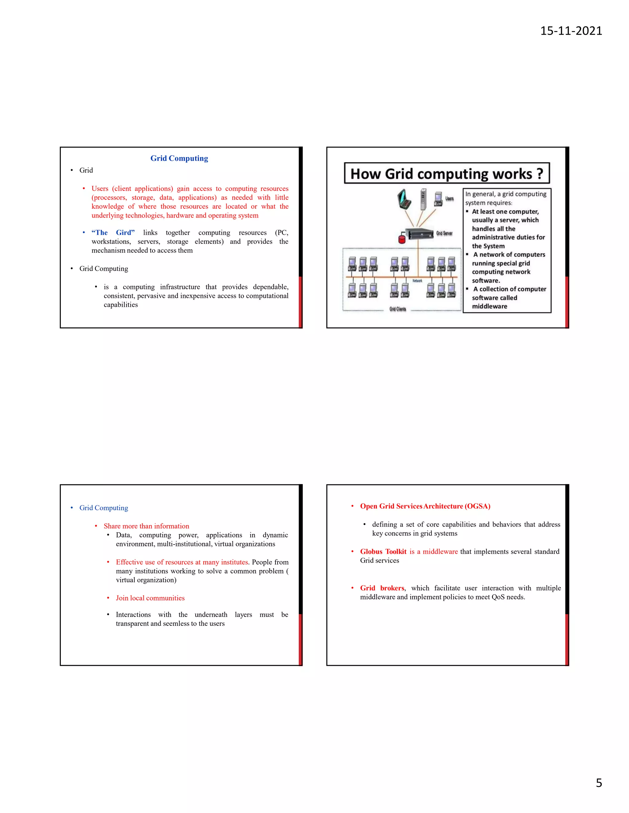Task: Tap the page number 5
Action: [x=599, y=783]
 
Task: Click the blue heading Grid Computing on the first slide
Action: [x=179, y=158]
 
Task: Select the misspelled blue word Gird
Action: [x=124, y=233]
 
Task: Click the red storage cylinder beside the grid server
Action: [x=402, y=238]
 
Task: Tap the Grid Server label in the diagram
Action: [x=444, y=233]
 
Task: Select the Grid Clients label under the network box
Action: [x=398, y=309]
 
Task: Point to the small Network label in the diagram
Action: [x=417, y=281]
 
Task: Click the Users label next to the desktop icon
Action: [x=449, y=198]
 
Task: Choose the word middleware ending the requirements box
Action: [x=489, y=306]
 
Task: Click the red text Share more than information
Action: [x=147, y=526]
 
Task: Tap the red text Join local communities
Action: [x=150, y=598]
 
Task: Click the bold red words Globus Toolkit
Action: [x=383, y=552]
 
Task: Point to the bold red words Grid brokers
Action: [x=382, y=588]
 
